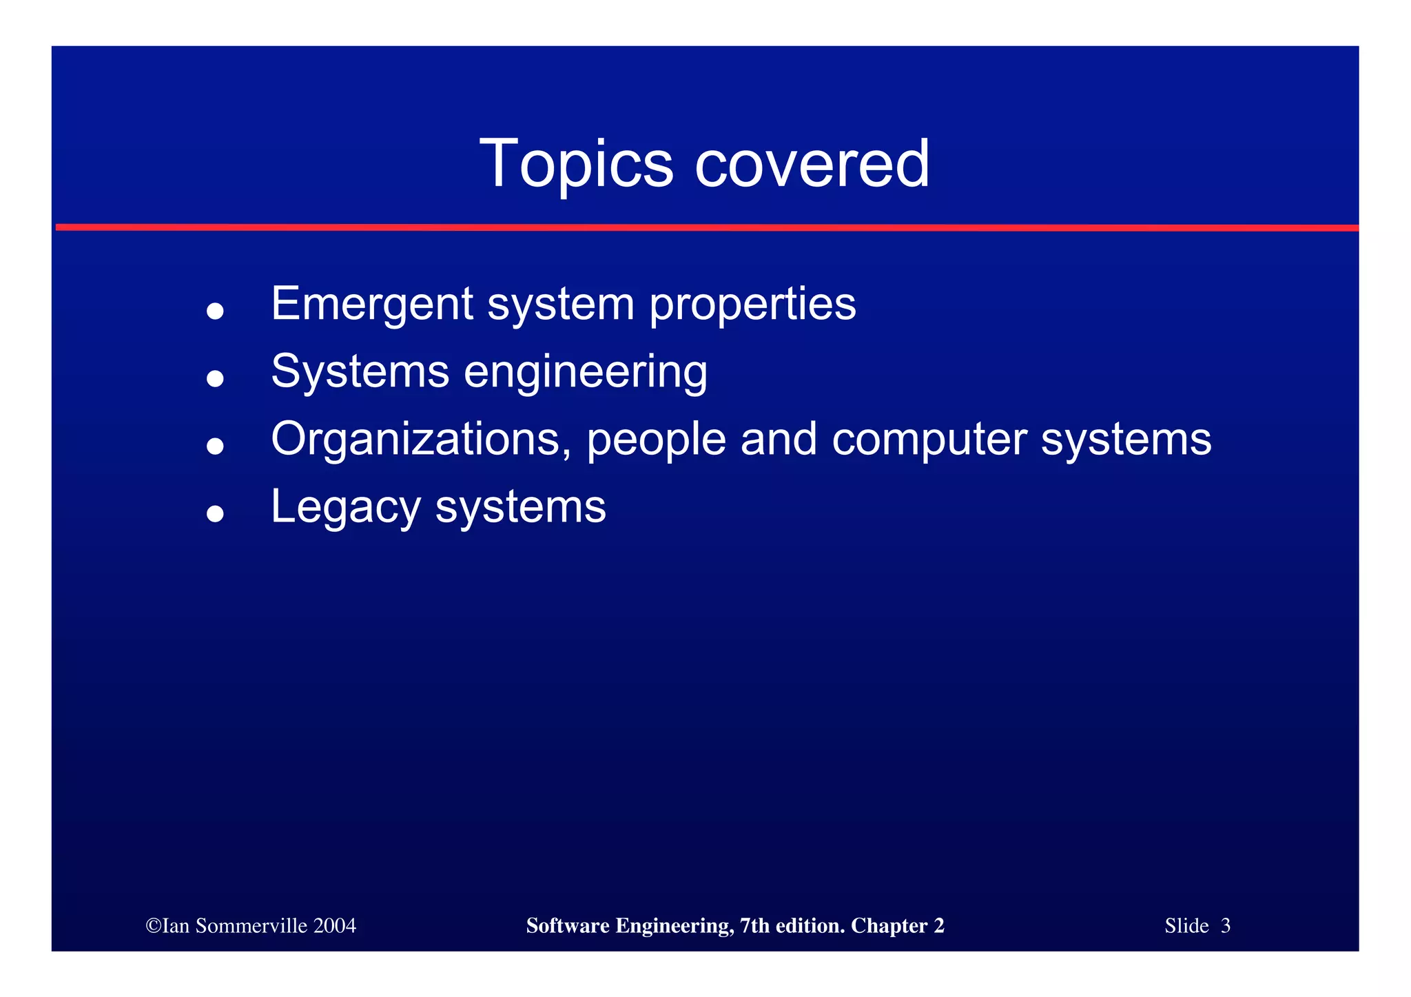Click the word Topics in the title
tap(575, 164)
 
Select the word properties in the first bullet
tap(752, 305)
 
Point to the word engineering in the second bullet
tap(586, 373)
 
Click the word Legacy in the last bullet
tap(345, 508)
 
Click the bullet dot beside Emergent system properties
tap(215, 311)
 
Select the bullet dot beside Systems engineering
tap(215, 378)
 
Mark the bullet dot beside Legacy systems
tap(215, 514)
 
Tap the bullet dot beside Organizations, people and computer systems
tap(215, 446)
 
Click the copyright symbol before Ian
tap(153, 925)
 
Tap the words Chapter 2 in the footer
tap(897, 925)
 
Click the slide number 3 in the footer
tap(1225, 925)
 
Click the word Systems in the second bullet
tap(360, 373)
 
